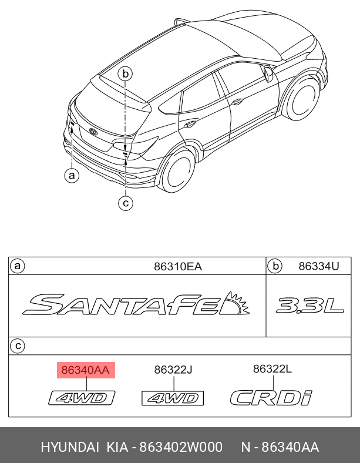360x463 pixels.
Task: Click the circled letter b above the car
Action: pos(125,73)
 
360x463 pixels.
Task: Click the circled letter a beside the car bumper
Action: pos(71,175)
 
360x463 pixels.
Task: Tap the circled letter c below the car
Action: pos(125,203)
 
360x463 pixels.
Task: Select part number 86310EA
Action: pos(177,266)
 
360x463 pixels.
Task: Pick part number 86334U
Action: pos(319,266)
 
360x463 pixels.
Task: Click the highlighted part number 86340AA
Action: pos(86,370)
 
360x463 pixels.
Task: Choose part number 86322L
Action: pos(272,369)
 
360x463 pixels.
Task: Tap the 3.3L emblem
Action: pos(309,306)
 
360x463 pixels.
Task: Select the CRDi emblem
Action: pos(271,398)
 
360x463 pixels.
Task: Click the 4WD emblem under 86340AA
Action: pos(82,399)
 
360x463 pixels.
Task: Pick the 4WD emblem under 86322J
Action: pos(173,399)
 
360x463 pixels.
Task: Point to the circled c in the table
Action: pos(18,346)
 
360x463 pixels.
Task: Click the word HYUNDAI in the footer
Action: pos(70,448)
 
